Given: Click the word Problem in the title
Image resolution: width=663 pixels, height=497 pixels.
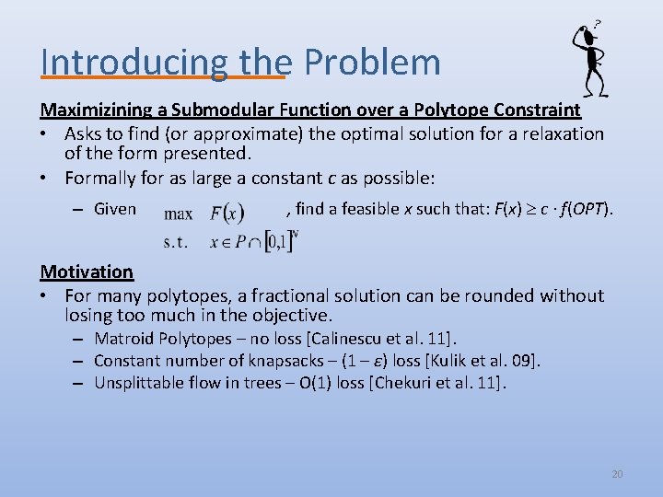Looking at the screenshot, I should click(x=372, y=63).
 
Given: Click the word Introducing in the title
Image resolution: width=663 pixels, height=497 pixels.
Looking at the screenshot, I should click(x=134, y=63).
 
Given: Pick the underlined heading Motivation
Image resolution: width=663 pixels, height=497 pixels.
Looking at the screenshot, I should click(x=87, y=272).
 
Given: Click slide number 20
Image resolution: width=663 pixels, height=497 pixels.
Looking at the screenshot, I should click(x=617, y=474).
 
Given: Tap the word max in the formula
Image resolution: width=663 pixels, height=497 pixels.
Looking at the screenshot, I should click(x=178, y=214).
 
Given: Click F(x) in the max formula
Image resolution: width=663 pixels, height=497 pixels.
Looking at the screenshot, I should click(x=227, y=214).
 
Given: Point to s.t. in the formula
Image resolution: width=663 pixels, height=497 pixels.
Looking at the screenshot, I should click(x=176, y=243).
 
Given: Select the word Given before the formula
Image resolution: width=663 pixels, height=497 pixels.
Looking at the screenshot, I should click(x=115, y=209).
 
